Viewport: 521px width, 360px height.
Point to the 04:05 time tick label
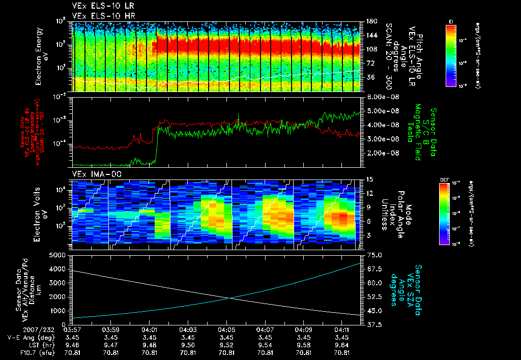pos(226,329)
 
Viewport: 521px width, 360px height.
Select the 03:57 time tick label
pos(73,329)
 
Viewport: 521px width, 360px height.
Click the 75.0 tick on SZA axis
pos(374,255)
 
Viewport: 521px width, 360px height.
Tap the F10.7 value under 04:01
pos(149,352)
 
